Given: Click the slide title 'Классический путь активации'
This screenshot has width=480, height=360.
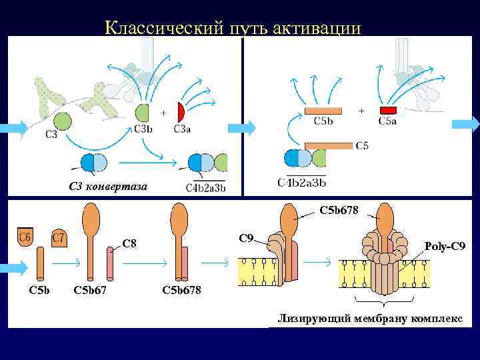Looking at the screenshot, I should [x=233, y=28].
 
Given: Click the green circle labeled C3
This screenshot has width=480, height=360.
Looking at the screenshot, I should [x=62, y=121].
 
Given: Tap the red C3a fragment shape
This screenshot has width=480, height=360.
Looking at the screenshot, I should [x=180, y=112].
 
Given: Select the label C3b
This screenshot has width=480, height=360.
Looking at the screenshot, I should [x=143, y=129].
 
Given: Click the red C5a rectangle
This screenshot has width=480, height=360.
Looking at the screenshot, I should [x=388, y=110].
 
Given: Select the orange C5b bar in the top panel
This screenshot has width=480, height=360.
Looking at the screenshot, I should [x=323, y=110].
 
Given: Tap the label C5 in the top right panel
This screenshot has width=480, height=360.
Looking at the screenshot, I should [x=362, y=145].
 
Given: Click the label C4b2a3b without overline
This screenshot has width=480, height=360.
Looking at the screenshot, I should [x=301, y=181].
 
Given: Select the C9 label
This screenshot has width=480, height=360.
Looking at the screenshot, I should [x=246, y=237].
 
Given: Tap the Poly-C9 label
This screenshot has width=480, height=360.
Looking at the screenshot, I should [x=445, y=247].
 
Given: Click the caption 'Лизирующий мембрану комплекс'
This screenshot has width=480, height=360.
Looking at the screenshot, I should [x=370, y=319].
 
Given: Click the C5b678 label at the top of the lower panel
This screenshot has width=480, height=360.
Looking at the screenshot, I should [x=339, y=211].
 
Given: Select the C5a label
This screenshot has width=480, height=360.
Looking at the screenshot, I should [x=387, y=121].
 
